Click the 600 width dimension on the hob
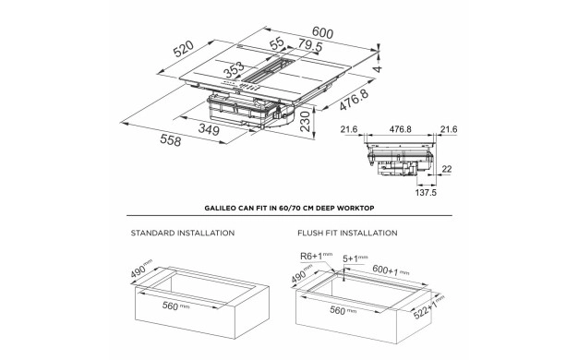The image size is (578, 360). (322, 33)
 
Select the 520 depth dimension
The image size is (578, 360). (184, 49)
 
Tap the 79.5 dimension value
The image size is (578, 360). (310, 45)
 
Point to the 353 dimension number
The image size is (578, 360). (235, 69)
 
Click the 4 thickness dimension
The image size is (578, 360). (379, 68)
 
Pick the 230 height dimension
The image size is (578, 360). (306, 121)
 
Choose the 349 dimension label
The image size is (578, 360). (209, 129)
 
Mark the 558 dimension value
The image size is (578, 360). (170, 140)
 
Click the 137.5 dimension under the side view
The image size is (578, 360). (426, 192)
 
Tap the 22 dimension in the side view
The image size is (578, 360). (446, 169)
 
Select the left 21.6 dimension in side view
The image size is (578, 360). (349, 129)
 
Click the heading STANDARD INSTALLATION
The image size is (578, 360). (183, 233)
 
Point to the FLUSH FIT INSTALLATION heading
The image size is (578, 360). (347, 233)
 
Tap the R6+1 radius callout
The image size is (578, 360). (317, 256)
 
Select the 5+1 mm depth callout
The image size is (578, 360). (355, 258)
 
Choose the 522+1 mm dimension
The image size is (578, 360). (428, 307)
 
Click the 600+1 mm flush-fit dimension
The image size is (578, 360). (391, 270)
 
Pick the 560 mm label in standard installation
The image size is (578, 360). (175, 306)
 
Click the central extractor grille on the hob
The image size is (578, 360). (269, 71)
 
